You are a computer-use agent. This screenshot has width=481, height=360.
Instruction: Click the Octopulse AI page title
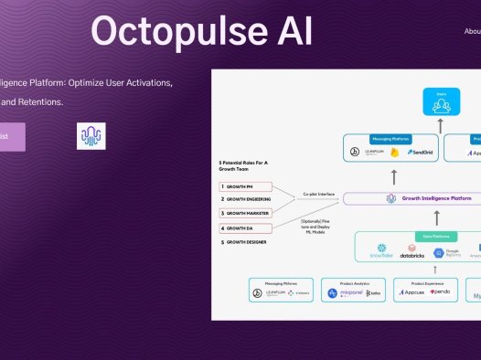201,32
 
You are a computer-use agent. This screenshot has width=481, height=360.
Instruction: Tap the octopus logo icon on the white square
91,136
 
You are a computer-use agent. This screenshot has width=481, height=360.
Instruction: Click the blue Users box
441,101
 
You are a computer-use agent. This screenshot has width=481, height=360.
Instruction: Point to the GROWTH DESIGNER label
250,242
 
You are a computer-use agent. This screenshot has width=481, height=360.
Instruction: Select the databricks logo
412,250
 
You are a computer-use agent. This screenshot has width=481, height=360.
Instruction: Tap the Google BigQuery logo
445,252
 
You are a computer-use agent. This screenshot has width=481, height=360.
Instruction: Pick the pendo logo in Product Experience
440,292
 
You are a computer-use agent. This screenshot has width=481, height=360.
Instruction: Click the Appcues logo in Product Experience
412,292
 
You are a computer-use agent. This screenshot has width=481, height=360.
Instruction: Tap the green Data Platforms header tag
428,235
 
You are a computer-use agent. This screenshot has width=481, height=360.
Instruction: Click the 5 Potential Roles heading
242,164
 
